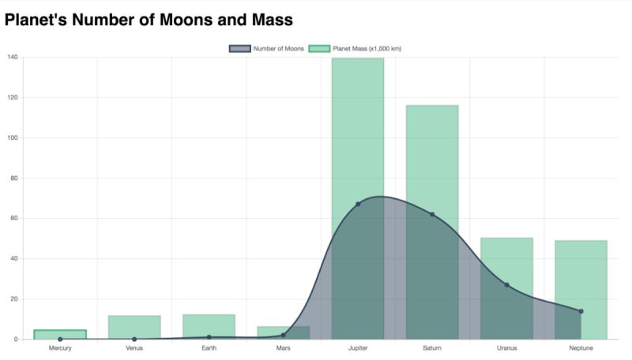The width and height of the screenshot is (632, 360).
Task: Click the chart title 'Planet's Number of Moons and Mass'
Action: point(149,20)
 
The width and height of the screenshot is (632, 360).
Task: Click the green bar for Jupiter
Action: point(358,126)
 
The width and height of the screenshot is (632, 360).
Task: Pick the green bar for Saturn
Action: point(432,158)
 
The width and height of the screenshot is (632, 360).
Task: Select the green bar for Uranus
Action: point(506,261)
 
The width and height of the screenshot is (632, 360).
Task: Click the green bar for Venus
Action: point(134,328)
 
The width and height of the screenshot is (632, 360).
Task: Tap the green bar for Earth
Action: point(209,327)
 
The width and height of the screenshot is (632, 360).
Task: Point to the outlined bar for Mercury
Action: point(60,334)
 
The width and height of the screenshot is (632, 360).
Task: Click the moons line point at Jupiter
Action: point(358,204)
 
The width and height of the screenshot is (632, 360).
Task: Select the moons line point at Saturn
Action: point(432,215)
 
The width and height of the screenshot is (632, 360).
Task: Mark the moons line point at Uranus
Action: point(506,285)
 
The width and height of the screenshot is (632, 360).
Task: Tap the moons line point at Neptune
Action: point(581,311)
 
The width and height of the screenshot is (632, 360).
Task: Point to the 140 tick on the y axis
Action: point(12,58)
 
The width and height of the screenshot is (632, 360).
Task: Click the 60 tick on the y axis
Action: point(13,219)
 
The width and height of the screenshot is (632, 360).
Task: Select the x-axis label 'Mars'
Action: point(283,348)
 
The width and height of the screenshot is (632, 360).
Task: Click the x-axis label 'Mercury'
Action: point(60,348)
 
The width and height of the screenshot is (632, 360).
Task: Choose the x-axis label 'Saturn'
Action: point(432,348)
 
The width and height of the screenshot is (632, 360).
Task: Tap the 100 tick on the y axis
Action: point(12,138)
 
